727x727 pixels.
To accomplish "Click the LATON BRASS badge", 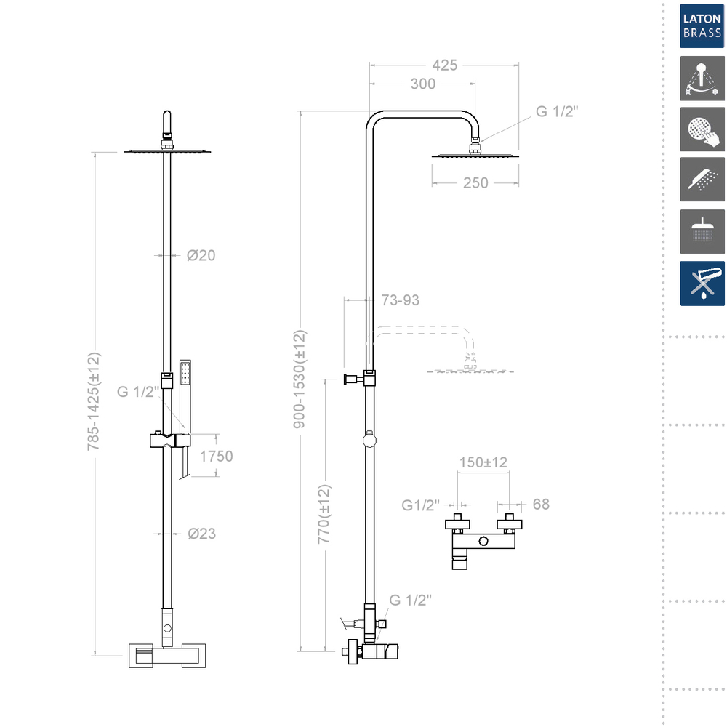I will (x=702, y=26).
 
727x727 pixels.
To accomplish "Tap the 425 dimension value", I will (x=444, y=65).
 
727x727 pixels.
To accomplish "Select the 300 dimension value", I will (x=422, y=84).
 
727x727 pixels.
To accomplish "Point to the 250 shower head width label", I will (x=475, y=183).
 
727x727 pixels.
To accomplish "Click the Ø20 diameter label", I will (x=201, y=255).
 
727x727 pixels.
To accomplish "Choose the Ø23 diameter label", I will (x=201, y=533).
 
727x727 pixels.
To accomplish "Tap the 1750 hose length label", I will (x=216, y=457).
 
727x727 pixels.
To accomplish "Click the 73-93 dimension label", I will (x=401, y=300).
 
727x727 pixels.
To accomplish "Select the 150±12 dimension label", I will (x=483, y=462).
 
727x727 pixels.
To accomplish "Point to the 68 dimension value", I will (x=540, y=504).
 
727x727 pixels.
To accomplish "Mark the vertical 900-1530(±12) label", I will (x=300, y=379).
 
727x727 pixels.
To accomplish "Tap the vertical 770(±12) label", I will (x=324, y=515).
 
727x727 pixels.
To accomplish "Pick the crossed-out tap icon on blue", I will (x=702, y=283).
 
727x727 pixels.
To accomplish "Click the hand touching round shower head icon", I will (x=702, y=130).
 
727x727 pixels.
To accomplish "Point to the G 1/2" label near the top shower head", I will (x=556, y=111).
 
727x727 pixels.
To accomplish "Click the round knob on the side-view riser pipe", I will (x=370, y=438).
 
